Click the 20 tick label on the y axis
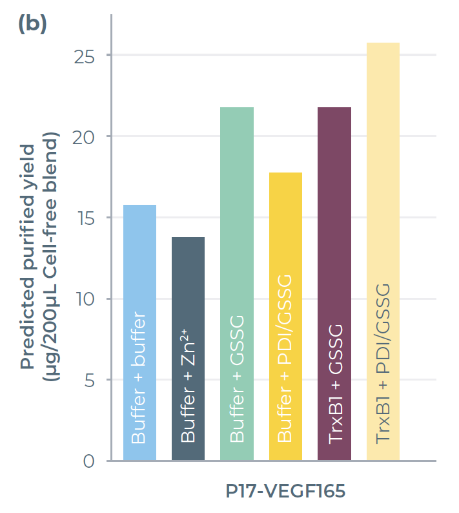pyautogui.click(x=84, y=137)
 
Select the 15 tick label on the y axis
pyautogui.click(x=84, y=218)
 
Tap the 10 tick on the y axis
pyautogui.click(x=84, y=299)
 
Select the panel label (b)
pyautogui.click(x=32, y=24)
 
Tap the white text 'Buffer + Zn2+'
pyautogui.click(x=188, y=388)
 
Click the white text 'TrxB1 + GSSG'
pyautogui.click(x=334, y=384)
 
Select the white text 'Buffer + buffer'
pyautogui.click(x=139, y=378)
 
